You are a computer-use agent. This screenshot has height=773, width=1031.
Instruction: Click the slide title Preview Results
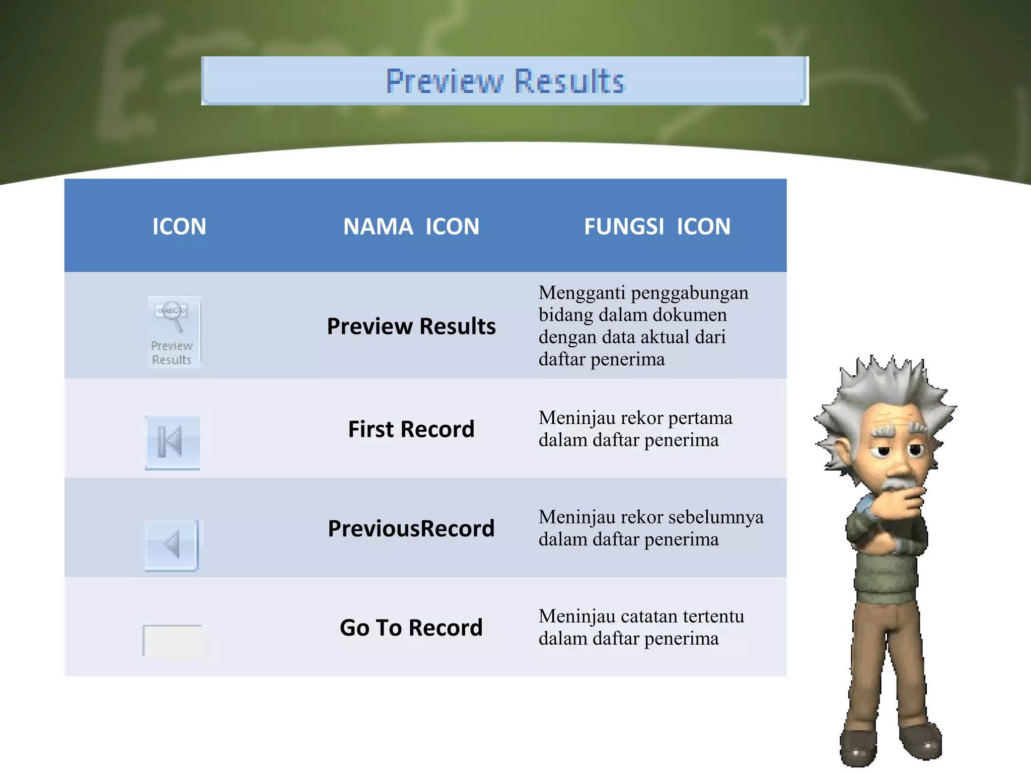pyautogui.click(x=505, y=81)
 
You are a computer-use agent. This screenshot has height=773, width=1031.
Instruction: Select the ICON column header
pyautogui.click(x=179, y=226)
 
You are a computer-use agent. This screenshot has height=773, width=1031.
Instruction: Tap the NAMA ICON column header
pyautogui.click(x=411, y=226)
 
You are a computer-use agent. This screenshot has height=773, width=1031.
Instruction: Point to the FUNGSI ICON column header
pyautogui.click(x=657, y=226)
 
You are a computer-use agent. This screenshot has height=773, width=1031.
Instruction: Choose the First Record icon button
pyautogui.click(x=172, y=442)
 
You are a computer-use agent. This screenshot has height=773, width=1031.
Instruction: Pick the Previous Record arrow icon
pyautogui.click(x=172, y=545)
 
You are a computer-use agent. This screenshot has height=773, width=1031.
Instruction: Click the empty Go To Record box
pyautogui.click(x=172, y=640)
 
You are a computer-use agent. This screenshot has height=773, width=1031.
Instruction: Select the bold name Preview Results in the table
pyautogui.click(x=411, y=326)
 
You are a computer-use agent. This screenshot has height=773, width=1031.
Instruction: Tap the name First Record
pyautogui.click(x=411, y=429)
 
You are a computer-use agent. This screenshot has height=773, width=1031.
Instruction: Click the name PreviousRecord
pyautogui.click(x=411, y=528)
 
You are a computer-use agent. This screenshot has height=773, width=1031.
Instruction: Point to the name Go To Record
pyautogui.click(x=411, y=628)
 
